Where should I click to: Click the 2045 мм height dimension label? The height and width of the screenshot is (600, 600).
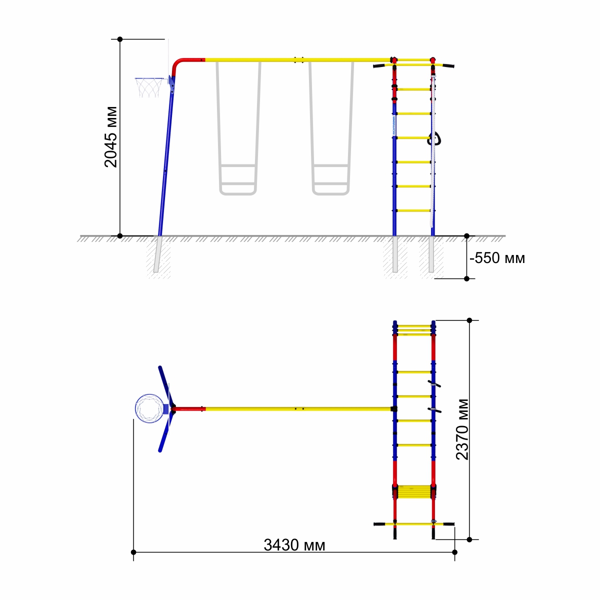pyautogui.click(x=111, y=137)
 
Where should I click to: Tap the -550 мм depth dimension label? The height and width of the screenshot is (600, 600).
pyautogui.click(x=497, y=258)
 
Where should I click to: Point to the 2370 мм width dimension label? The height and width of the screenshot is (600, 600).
pyautogui.click(x=462, y=429)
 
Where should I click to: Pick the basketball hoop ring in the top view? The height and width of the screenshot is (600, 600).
pyautogui.click(x=149, y=408)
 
